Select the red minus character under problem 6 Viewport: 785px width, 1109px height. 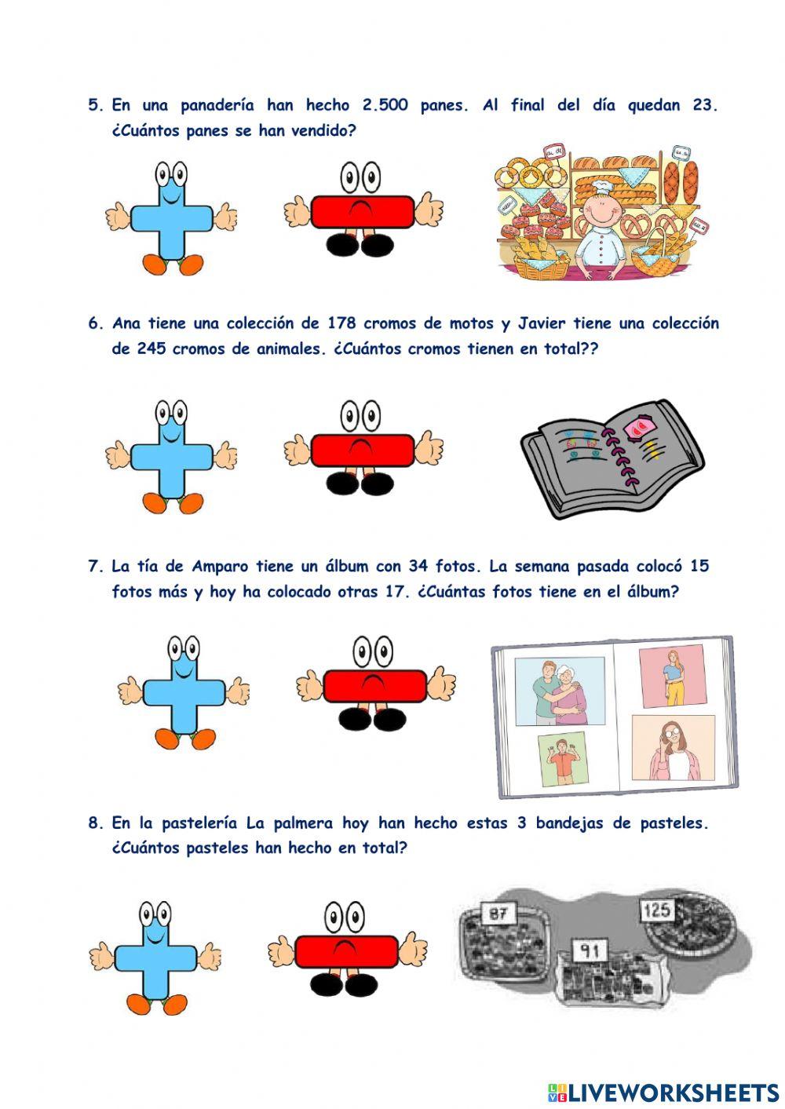(363, 449)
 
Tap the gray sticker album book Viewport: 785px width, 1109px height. (612, 459)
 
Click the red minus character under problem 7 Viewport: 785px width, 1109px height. (375, 685)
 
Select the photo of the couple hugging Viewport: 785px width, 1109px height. (560, 691)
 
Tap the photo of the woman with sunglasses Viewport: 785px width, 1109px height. (673, 747)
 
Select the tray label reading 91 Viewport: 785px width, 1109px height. (590, 951)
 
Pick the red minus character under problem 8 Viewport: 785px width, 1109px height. (347, 952)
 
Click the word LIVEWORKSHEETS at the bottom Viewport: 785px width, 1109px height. (674, 1092)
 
